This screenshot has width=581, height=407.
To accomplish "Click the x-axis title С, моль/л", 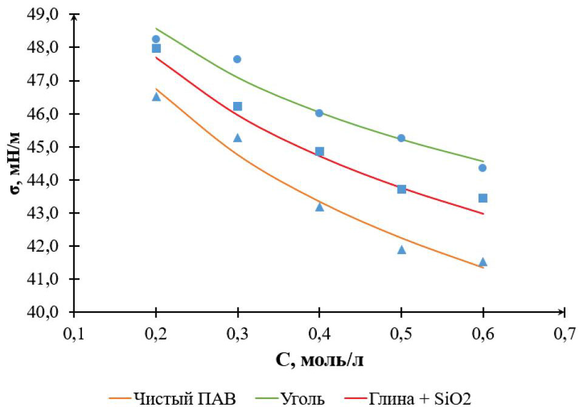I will tap(319, 360).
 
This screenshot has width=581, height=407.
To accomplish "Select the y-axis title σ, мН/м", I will tap(13, 164).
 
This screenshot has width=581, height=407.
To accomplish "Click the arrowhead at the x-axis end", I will tap(562, 313).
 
